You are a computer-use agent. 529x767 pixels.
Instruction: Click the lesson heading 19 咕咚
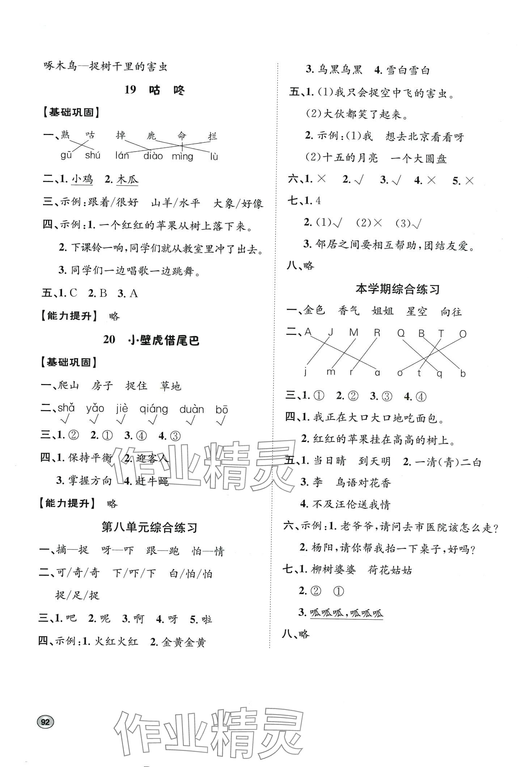[155, 90]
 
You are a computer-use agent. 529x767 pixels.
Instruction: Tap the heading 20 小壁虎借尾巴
[151, 340]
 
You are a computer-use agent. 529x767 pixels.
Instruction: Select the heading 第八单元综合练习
[149, 527]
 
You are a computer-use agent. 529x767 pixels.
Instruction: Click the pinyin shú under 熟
[93, 156]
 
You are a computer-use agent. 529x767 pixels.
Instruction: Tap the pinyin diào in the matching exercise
[153, 156]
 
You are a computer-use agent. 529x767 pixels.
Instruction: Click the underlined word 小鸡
[82, 180]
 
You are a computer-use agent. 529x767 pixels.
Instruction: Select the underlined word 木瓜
[128, 180]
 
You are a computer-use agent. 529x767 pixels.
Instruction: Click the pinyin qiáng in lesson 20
[154, 409]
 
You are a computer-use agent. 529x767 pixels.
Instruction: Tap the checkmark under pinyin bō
[220, 421]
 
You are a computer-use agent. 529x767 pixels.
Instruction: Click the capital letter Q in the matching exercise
[401, 333]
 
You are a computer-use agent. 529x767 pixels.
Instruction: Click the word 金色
[314, 311]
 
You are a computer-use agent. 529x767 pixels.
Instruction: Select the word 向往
[451, 311]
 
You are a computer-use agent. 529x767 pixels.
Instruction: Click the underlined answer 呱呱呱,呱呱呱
[346, 613]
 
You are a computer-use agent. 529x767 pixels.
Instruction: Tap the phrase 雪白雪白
[408, 70]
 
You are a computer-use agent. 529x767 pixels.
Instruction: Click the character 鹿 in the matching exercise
[151, 136]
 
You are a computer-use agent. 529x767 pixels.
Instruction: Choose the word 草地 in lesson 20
[170, 386]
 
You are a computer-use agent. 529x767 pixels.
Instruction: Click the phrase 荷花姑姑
[390, 570]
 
